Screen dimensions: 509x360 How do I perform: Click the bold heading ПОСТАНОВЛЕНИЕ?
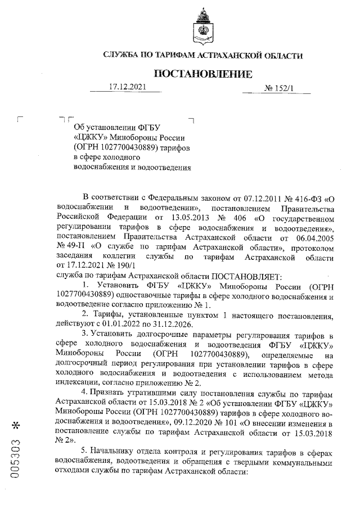203,74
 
